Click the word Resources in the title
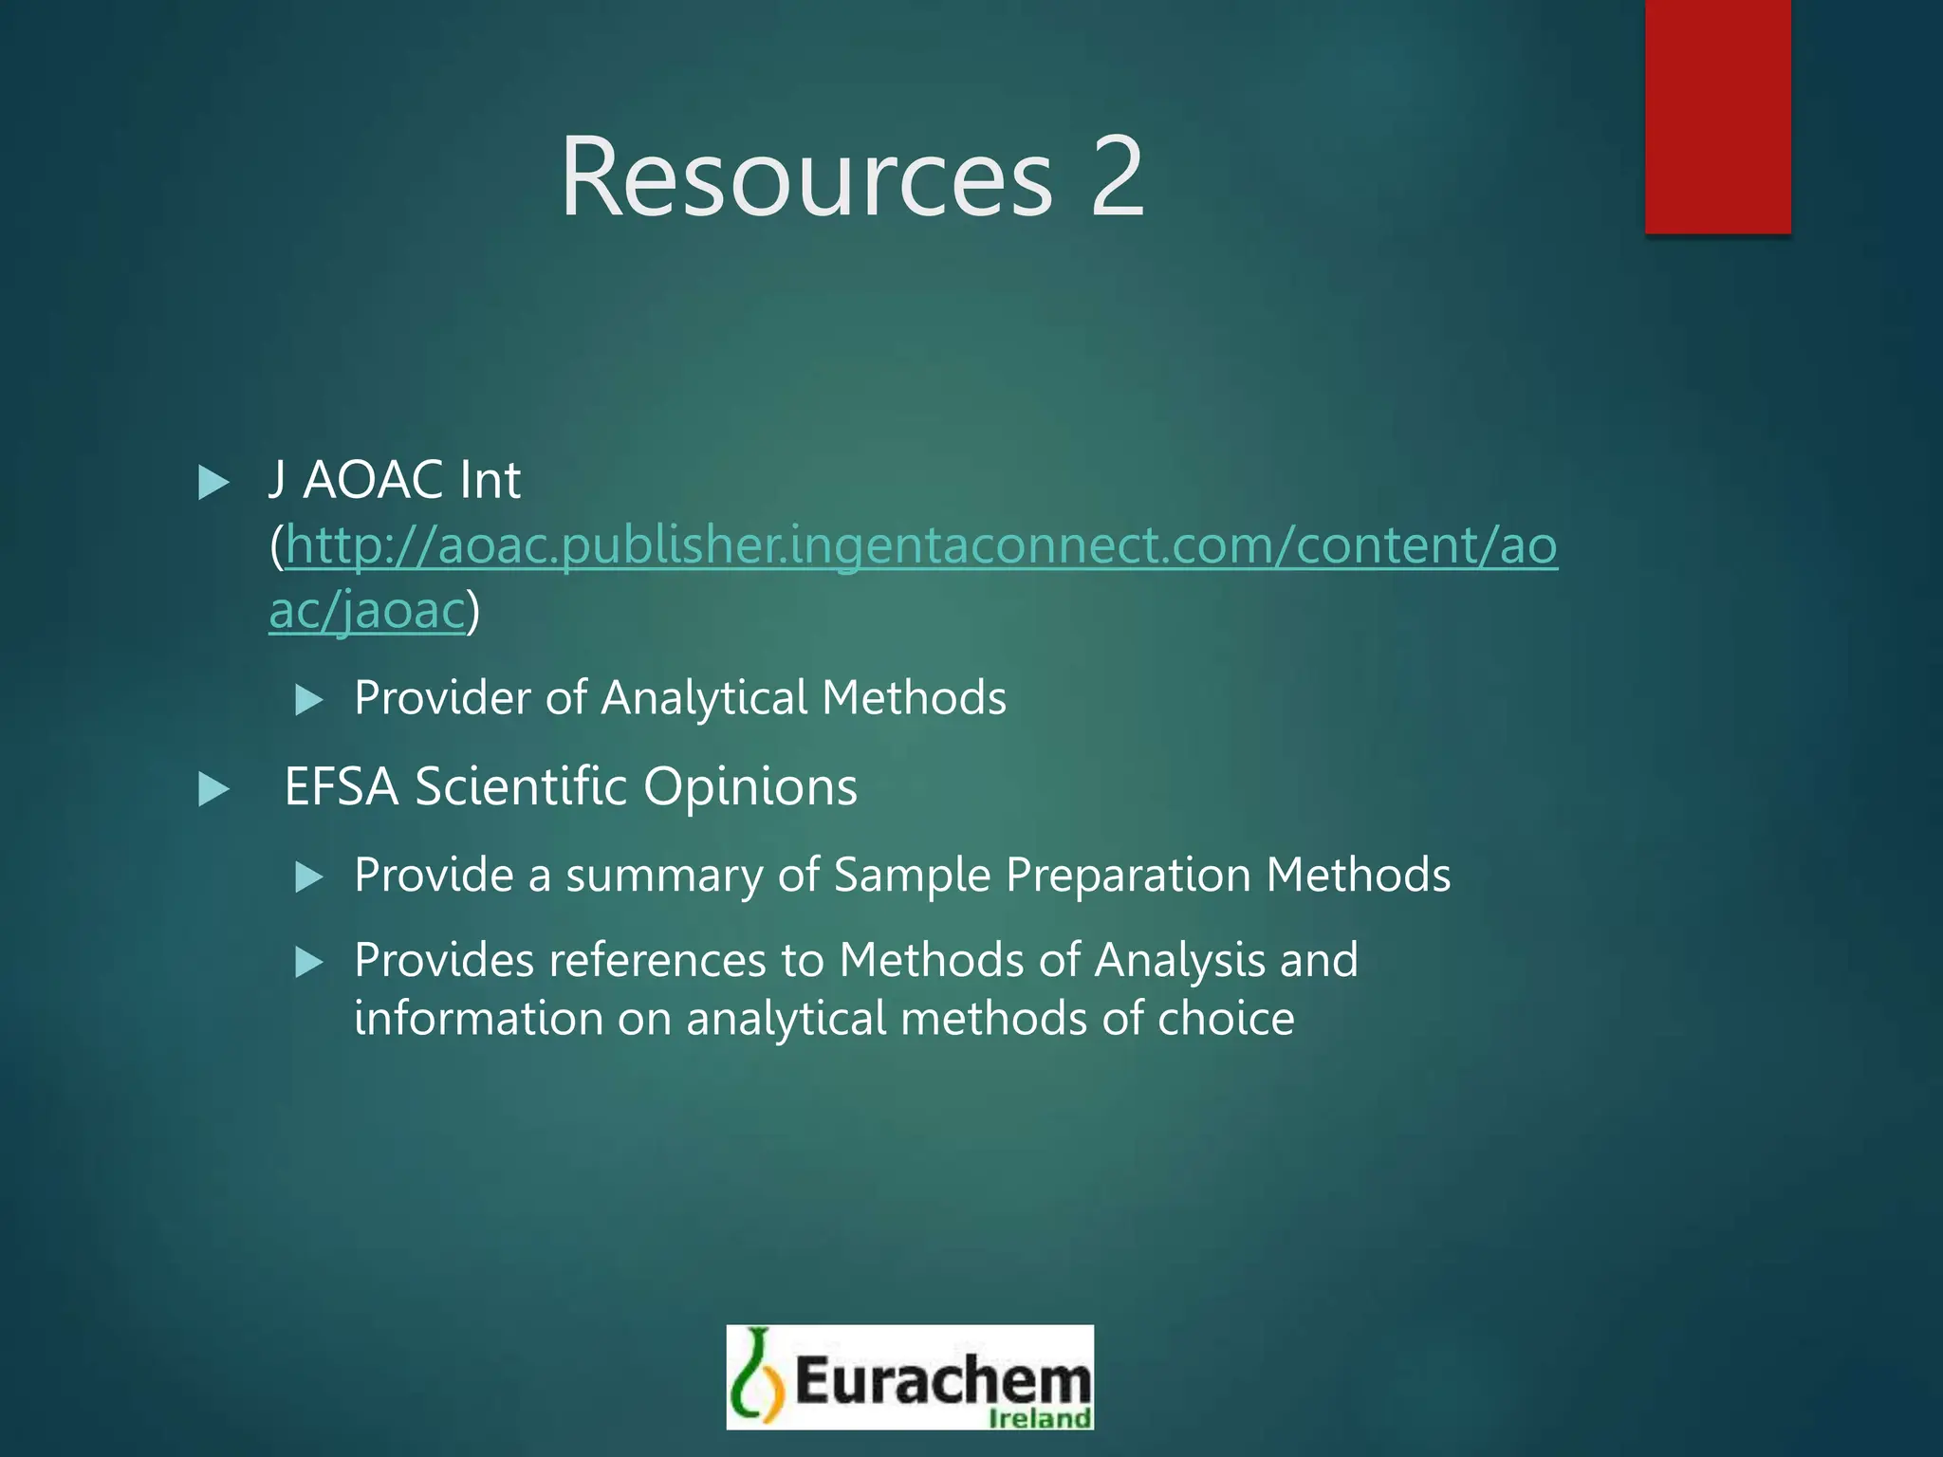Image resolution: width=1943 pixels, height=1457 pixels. coord(806,177)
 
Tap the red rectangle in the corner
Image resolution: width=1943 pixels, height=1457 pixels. coord(1717,116)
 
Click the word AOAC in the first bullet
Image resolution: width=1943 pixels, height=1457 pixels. coord(372,480)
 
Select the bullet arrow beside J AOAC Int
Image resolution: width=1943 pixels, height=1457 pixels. coord(213,483)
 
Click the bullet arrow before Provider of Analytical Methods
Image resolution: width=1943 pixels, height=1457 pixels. coord(309,700)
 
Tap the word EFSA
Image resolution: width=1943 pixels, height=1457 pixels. coord(341,787)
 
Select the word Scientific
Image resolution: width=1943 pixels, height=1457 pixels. coord(520,787)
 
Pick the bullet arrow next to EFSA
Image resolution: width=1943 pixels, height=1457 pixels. coord(213,789)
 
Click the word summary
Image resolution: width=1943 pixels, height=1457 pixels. coord(663,875)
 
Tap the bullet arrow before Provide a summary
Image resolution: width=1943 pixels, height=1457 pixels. coord(309,876)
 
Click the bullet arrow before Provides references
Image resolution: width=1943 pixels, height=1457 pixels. coord(309,963)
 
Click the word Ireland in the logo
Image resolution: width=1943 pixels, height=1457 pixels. coord(1039,1418)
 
